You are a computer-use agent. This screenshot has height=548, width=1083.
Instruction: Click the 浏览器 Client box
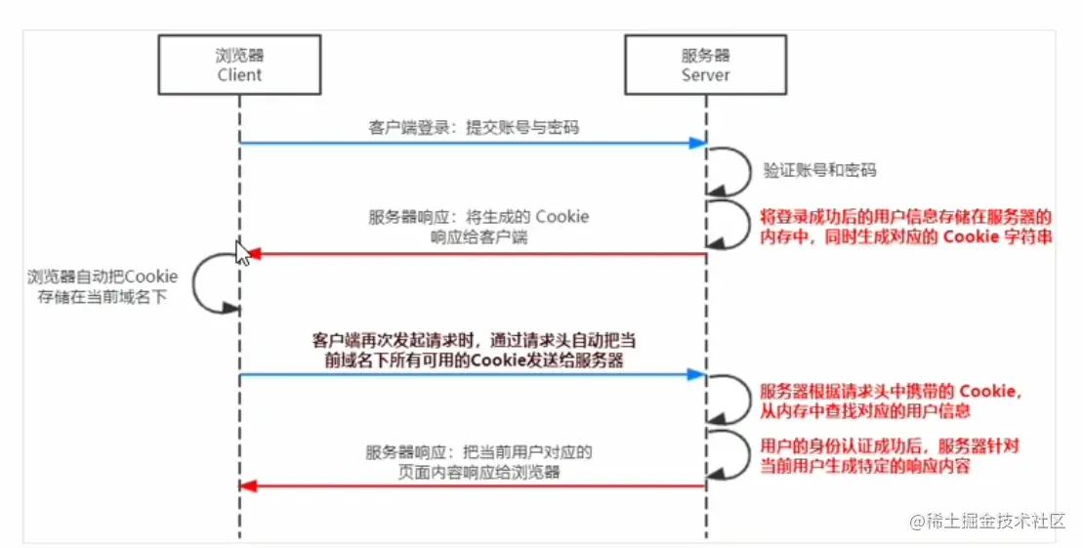pyautogui.click(x=239, y=65)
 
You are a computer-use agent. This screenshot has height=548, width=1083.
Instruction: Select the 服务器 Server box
pyautogui.click(x=705, y=65)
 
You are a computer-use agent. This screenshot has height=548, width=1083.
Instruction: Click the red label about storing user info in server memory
pyautogui.click(x=905, y=227)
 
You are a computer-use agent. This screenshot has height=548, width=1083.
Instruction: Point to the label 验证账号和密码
pyautogui.click(x=819, y=170)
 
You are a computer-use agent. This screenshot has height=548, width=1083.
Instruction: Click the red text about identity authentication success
pyautogui.click(x=890, y=456)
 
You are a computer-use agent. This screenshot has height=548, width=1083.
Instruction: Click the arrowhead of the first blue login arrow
pyautogui.click(x=697, y=144)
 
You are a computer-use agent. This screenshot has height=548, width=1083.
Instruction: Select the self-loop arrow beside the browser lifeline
pyautogui.click(x=211, y=284)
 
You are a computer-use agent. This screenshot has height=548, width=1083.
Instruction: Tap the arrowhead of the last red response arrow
pyautogui.click(x=248, y=485)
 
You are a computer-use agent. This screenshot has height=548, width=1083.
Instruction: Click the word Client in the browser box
pyautogui.click(x=239, y=75)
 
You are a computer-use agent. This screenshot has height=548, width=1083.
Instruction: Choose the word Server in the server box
pyautogui.click(x=705, y=75)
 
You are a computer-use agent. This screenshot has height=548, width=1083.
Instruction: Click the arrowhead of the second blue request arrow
pyautogui.click(x=697, y=374)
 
